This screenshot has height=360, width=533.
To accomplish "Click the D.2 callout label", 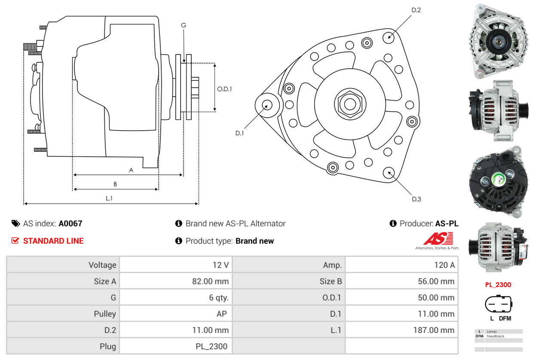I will point(416,10).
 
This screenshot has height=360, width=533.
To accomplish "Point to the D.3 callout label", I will point(416,199).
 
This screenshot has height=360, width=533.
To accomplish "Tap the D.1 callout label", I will point(239,133).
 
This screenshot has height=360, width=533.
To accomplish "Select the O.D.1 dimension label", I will point(224,89).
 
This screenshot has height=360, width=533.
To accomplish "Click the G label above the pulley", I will point(184,25).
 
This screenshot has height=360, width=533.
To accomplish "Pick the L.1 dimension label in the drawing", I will point(109,198).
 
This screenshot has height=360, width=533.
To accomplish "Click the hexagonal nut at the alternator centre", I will point(349,104).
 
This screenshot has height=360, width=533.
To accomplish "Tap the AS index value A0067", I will point(70,223).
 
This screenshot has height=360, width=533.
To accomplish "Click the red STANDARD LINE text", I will point(53,241).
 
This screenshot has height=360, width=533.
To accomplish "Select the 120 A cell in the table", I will point(444,265).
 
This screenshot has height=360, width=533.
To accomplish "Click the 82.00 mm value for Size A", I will point(210,281).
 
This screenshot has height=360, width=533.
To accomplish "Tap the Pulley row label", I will point(105,314).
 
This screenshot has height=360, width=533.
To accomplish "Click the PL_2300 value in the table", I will point(212,346).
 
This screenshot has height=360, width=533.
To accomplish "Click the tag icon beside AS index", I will point(15,223).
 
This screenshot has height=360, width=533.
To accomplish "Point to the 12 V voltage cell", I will point(221,265).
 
